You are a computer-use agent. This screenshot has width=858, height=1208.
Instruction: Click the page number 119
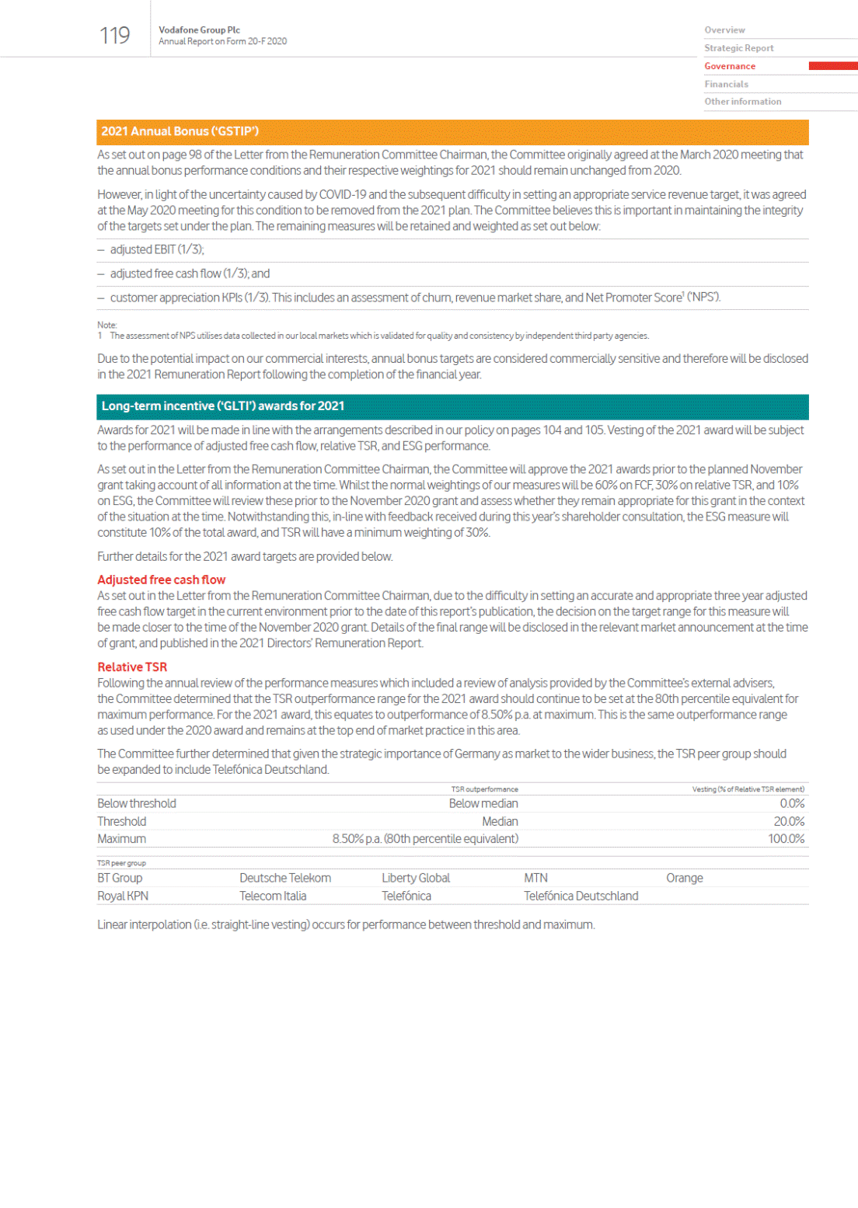[x=114, y=36]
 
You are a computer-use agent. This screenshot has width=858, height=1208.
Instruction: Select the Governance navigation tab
[x=730, y=66]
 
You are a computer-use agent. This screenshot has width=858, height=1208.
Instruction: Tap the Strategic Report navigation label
[x=738, y=48]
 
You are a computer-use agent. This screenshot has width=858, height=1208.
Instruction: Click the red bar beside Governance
[x=832, y=66]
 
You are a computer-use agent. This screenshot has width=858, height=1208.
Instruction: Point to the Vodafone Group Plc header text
[x=199, y=30]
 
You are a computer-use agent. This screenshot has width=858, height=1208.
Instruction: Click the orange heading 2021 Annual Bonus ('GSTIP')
[x=180, y=131]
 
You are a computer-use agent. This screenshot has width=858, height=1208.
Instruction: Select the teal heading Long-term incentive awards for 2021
[x=222, y=406]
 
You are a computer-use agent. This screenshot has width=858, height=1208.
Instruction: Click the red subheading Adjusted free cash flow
[x=161, y=580]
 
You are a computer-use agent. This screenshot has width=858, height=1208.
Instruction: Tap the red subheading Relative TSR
[x=132, y=667]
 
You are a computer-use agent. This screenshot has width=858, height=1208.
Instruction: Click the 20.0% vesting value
[x=789, y=821]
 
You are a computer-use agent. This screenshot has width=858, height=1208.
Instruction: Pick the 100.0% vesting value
[x=786, y=839]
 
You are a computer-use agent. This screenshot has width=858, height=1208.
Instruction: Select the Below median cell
[x=483, y=803]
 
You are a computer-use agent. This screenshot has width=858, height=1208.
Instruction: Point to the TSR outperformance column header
[x=484, y=789]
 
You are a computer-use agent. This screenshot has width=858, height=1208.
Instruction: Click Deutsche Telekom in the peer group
[x=285, y=878]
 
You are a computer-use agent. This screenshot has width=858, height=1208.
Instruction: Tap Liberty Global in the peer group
[x=416, y=878]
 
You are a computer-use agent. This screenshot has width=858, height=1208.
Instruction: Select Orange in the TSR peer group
[x=684, y=878]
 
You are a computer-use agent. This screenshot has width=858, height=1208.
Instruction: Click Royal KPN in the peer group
[x=123, y=896]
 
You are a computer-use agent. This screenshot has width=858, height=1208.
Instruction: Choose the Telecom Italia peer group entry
[x=273, y=896]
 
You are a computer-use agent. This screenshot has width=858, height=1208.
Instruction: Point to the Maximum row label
[x=121, y=839]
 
